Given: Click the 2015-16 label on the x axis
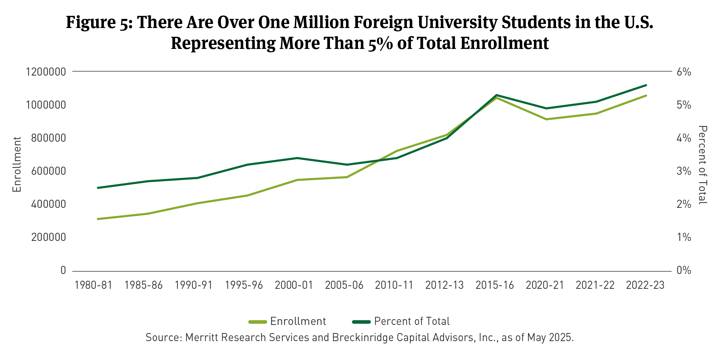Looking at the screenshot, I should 494,285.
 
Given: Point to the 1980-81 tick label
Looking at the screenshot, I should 93,285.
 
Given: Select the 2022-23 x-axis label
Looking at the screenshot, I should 645,285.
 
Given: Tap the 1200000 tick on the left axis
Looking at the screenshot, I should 46,72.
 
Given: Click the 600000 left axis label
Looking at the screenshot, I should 49,171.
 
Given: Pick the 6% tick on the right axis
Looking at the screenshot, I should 684,72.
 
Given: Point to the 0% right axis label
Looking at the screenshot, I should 684,270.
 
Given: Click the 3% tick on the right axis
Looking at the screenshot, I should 684,171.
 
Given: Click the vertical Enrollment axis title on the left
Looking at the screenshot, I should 17,164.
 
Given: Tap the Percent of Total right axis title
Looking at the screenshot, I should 702,165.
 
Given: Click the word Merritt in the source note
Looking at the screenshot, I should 201,337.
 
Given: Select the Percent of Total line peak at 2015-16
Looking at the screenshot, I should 496,95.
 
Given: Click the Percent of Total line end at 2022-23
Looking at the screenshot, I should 646,85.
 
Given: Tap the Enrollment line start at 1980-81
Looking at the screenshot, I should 98,219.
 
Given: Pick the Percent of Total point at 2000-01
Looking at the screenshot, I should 297,158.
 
